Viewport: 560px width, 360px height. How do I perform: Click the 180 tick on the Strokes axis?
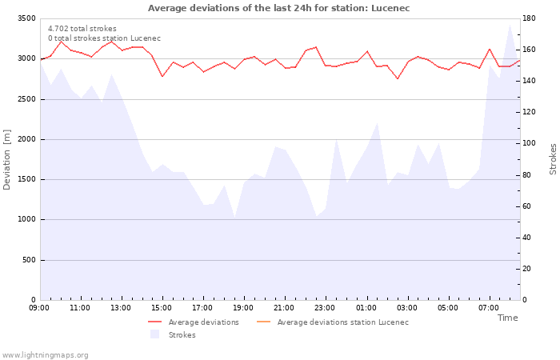point(530,18)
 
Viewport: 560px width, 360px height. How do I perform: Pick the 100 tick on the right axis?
point(530,143)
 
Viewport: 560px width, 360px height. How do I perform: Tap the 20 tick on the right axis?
point(528,269)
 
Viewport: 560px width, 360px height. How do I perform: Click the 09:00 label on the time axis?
point(39,308)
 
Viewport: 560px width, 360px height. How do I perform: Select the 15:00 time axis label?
point(162,308)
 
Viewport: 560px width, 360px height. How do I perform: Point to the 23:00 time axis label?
point(325,308)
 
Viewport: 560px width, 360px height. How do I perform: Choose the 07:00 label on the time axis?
point(488,308)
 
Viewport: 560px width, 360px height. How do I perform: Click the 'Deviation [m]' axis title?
point(8,159)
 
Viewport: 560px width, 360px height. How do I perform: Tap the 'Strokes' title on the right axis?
point(552,159)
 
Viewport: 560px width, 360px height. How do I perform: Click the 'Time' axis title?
point(507,318)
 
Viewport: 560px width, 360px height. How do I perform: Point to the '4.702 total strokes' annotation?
point(82,29)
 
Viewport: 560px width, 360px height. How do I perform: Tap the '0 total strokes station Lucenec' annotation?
point(104,38)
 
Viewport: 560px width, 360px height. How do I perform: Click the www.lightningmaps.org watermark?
point(46,354)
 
